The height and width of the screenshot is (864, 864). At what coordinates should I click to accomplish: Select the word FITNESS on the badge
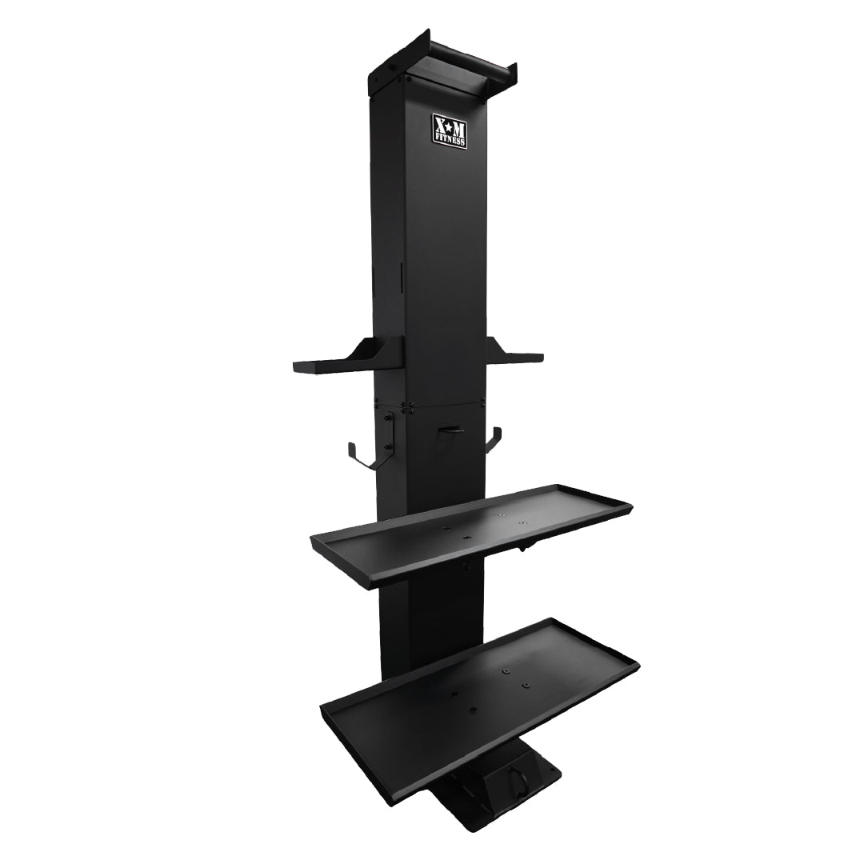click(450, 139)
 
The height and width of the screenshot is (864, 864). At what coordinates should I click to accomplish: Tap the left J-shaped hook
click(361, 455)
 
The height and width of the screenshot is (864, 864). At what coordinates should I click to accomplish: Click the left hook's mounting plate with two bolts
click(388, 436)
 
